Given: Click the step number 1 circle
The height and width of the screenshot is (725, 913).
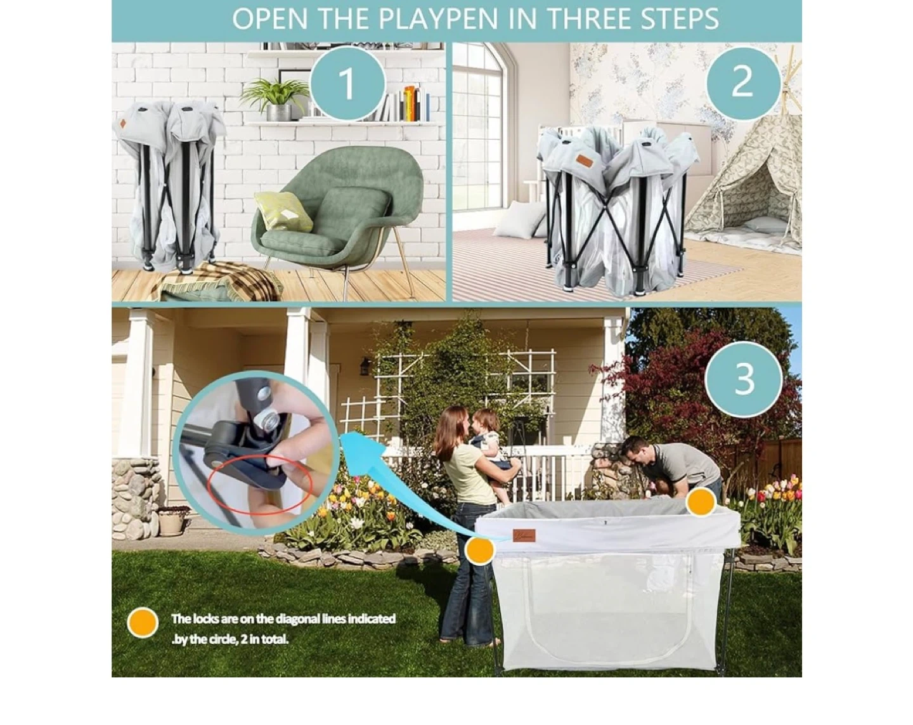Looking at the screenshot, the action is (347, 84).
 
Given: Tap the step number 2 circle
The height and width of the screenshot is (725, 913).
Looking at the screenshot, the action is (742, 81).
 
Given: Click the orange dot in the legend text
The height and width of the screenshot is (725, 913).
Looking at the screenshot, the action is (143, 624).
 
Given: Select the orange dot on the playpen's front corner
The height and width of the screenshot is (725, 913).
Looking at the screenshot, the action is (480, 551).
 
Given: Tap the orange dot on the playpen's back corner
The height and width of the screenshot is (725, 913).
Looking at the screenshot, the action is (701, 502).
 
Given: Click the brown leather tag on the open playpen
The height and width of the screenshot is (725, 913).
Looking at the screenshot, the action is (524, 536).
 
